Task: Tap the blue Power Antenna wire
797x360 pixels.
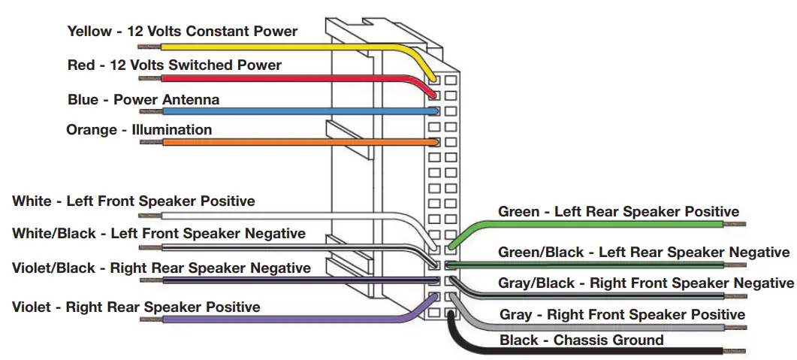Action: [285, 111]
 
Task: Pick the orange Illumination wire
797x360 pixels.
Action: [285, 141]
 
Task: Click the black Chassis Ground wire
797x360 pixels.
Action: [601, 350]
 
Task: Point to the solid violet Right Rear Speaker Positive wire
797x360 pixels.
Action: [285, 319]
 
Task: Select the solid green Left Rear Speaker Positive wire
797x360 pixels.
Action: [601, 222]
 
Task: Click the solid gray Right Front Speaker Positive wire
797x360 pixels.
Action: [601, 327]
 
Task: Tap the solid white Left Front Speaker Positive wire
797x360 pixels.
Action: [285, 214]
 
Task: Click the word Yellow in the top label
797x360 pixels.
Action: [89, 32]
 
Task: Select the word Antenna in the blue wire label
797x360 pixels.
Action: [192, 99]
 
